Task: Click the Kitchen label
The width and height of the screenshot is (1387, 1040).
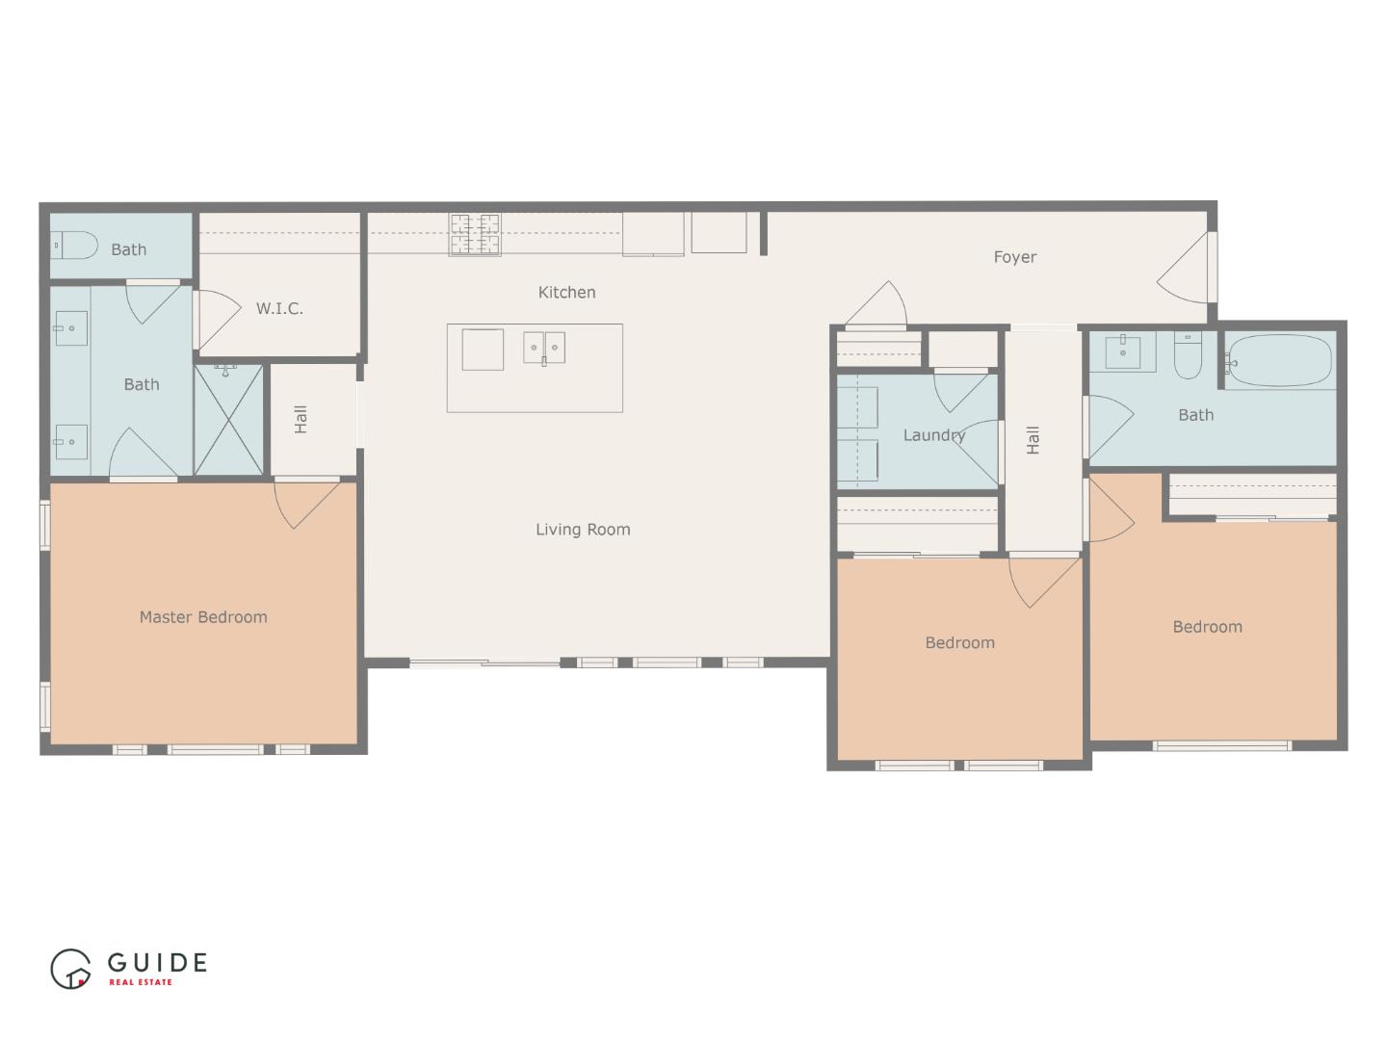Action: [566, 293]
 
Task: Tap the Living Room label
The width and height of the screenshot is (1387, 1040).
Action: [583, 530]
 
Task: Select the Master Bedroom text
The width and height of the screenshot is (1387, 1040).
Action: [203, 617]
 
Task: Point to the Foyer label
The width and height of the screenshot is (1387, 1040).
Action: [1015, 257]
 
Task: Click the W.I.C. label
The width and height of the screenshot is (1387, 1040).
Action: [279, 308]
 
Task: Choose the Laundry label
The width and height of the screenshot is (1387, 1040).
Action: [934, 435]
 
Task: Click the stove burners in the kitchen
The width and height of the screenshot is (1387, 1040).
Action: [475, 234]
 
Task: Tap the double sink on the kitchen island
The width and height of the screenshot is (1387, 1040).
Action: [544, 348]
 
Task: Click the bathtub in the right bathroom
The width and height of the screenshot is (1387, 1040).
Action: [1280, 360]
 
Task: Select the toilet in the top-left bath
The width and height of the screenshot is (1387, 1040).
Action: [74, 245]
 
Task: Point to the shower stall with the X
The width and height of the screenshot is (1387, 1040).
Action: [228, 419]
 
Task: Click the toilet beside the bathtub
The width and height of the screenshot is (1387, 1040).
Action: [1188, 355]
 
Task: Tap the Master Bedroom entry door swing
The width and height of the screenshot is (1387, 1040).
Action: [307, 504]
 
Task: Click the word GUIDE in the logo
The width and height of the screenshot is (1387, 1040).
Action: [157, 962]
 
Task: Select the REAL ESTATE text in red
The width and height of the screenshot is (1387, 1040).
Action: [141, 982]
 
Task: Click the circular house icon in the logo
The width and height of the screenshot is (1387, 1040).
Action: [70, 969]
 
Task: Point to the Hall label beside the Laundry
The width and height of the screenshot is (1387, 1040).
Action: [1033, 440]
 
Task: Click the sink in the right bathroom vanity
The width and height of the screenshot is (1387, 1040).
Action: [1123, 351]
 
